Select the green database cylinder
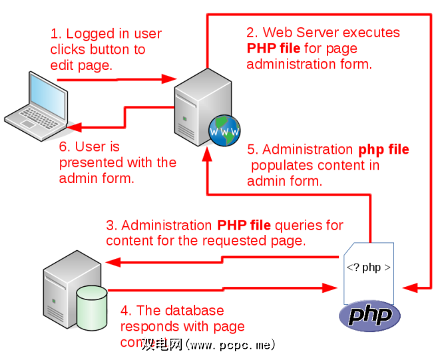pos(92,307)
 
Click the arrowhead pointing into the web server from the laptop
pos(167,79)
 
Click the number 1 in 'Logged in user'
pos(55,34)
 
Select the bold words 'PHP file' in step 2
pos(274,49)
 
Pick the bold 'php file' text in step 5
pos(384,150)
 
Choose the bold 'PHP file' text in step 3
pos(244,226)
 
